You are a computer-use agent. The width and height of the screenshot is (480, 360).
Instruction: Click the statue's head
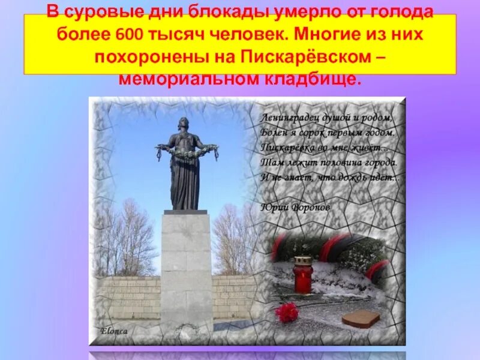point(183,124)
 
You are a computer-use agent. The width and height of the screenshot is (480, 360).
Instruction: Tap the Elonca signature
point(115,330)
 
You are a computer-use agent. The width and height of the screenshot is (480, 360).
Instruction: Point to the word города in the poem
point(380,162)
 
